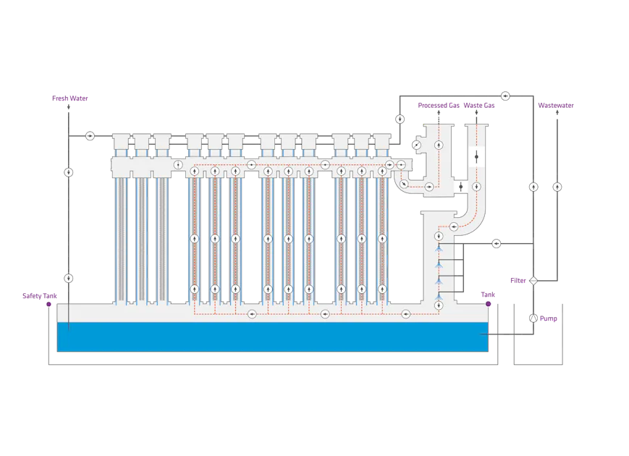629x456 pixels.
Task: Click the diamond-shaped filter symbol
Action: (533, 280)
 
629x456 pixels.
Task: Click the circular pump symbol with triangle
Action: (533, 318)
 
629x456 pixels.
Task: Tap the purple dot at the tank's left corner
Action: (48, 305)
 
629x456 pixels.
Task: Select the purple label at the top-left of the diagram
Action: (71, 98)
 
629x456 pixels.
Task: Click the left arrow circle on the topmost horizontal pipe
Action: (505, 96)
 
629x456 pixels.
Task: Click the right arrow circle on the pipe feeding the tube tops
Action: (90, 135)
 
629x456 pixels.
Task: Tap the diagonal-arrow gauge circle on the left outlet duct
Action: (416, 145)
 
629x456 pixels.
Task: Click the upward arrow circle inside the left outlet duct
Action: (439, 145)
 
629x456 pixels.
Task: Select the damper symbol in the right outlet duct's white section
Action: (476, 156)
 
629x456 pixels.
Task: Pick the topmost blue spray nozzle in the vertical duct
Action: (439, 249)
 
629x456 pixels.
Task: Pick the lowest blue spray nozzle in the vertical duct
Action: (439, 296)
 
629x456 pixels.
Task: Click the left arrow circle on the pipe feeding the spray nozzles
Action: (497, 243)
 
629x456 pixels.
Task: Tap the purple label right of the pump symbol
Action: (549, 318)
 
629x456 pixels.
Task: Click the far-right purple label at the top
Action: (555, 105)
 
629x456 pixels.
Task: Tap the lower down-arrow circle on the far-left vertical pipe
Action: (68, 278)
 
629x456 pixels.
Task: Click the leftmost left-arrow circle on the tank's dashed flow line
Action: (251, 314)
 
